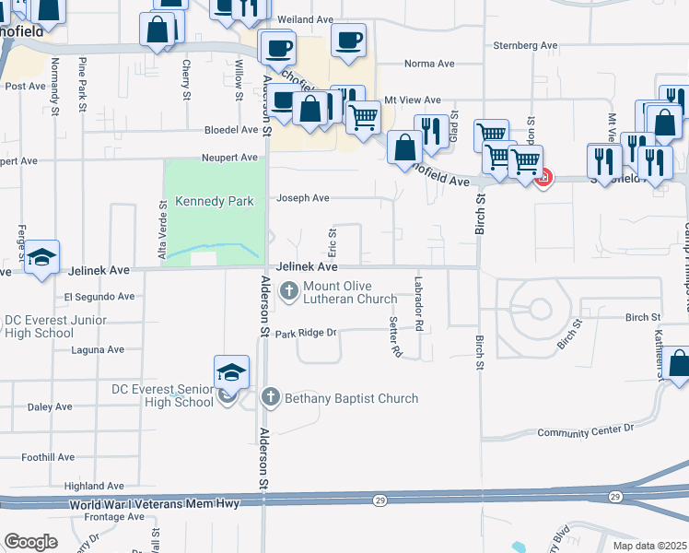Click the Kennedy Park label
pyautogui.click(x=214, y=201)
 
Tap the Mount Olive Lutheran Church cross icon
pyautogui.click(x=288, y=291)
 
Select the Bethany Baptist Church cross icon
pyautogui.click(x=270, y=398)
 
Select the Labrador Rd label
pyautogui.click(x=418, y=304)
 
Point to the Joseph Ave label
pyautogui.click(x=303, y=197)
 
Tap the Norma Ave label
pyautogui.click(x=429, y=64)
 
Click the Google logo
pyautogui.click(x=30, y=541)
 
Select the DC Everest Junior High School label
pyautogui.click(x=55, y=326)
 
